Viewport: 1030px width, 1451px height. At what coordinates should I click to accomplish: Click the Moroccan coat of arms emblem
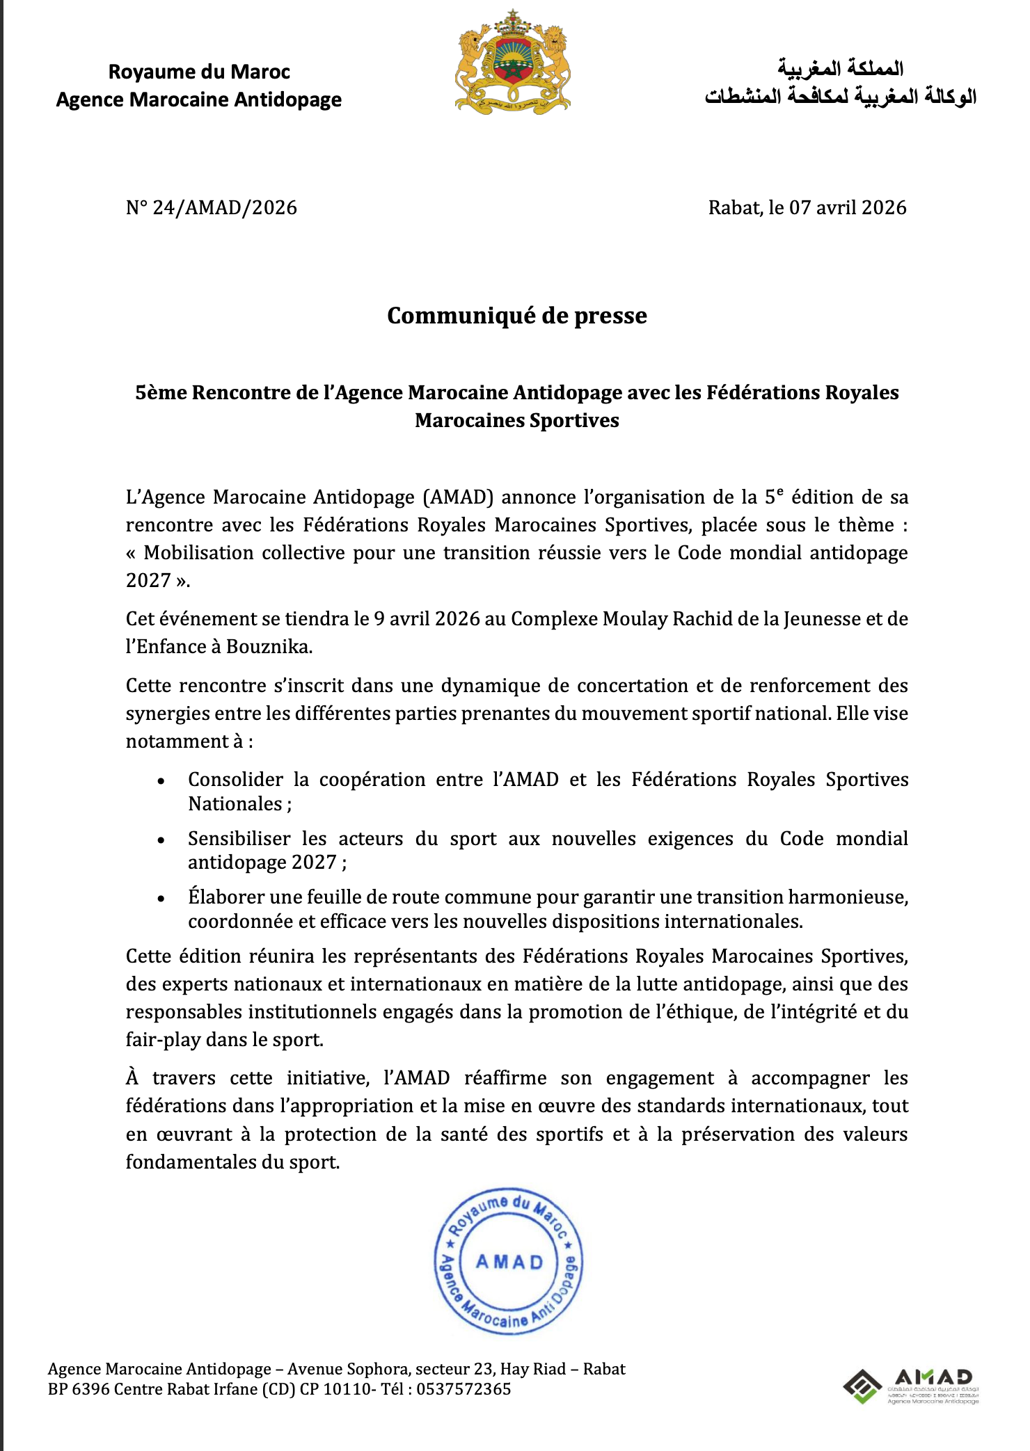[513, 62]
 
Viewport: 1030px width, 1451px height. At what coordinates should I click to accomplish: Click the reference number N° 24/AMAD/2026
[212, 208]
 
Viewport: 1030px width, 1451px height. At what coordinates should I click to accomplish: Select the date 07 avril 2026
[847, 208]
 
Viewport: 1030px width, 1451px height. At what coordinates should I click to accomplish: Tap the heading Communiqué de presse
[516, 316]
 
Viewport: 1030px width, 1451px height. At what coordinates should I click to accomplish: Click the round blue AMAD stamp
[509, 1261]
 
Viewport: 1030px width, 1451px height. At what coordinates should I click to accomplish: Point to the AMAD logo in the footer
[911, 1386]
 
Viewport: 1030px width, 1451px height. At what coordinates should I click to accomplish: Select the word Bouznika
[269, 647]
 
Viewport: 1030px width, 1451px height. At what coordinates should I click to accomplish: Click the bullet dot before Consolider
[161, 781]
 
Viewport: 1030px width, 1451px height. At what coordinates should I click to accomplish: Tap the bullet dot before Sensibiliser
[161, 840]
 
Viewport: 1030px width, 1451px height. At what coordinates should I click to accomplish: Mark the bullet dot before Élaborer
[161, 899]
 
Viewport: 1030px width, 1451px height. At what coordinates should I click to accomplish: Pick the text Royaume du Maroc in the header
[199, 72]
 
